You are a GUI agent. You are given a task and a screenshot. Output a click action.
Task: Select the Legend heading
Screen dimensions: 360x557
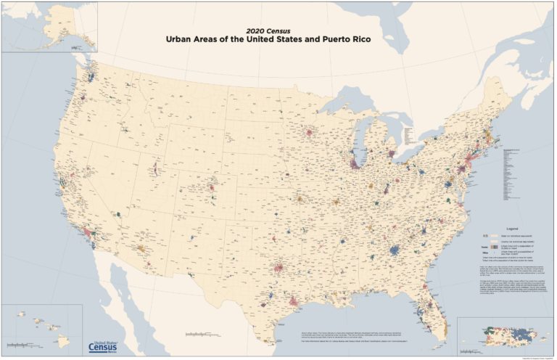click(506, 227)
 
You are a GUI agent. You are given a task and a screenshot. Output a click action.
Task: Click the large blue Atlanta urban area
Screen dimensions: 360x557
click(395, 250)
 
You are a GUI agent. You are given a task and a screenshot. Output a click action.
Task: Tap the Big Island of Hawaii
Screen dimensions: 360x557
click(64, 340)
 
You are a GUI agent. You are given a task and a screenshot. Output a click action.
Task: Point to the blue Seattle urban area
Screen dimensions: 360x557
click(92, 75)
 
